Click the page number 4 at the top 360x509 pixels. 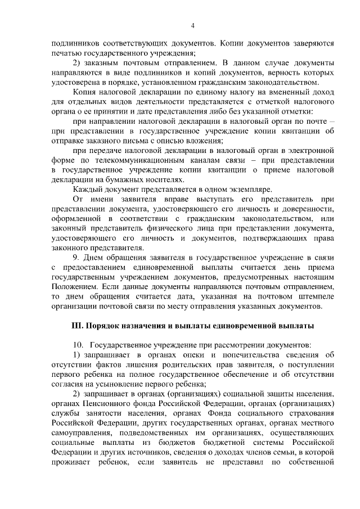[x=192, y=26]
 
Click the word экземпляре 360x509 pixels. [x=252, y=190]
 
